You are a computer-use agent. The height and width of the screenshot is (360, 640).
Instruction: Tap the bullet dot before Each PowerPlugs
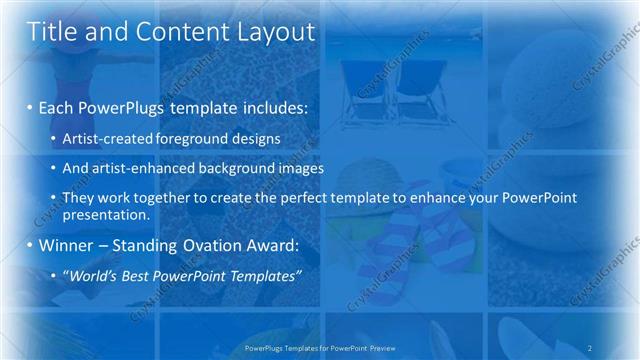coord(32,106)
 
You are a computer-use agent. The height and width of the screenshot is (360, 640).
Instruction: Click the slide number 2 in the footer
coord(590,348)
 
